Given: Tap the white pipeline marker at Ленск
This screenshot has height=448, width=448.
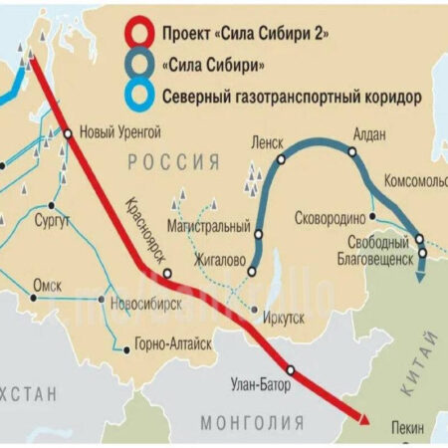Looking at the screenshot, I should (x=281, y=158).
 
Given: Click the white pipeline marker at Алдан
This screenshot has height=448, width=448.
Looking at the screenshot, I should (x=350, y=152).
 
